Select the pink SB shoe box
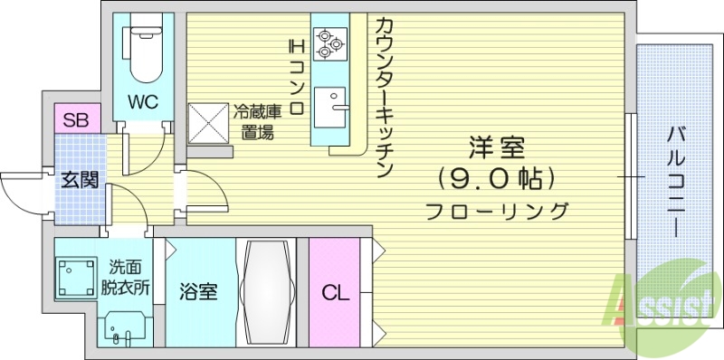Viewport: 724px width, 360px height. [x=76, y=119]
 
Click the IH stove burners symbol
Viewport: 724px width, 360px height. [x=327, y=42]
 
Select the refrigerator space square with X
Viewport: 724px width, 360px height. [x=208, y=123]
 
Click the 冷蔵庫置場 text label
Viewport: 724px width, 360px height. [x=257, y=122]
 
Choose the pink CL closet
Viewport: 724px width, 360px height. [x=334, y=293]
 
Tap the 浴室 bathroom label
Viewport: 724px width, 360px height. [x=198, y=292]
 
